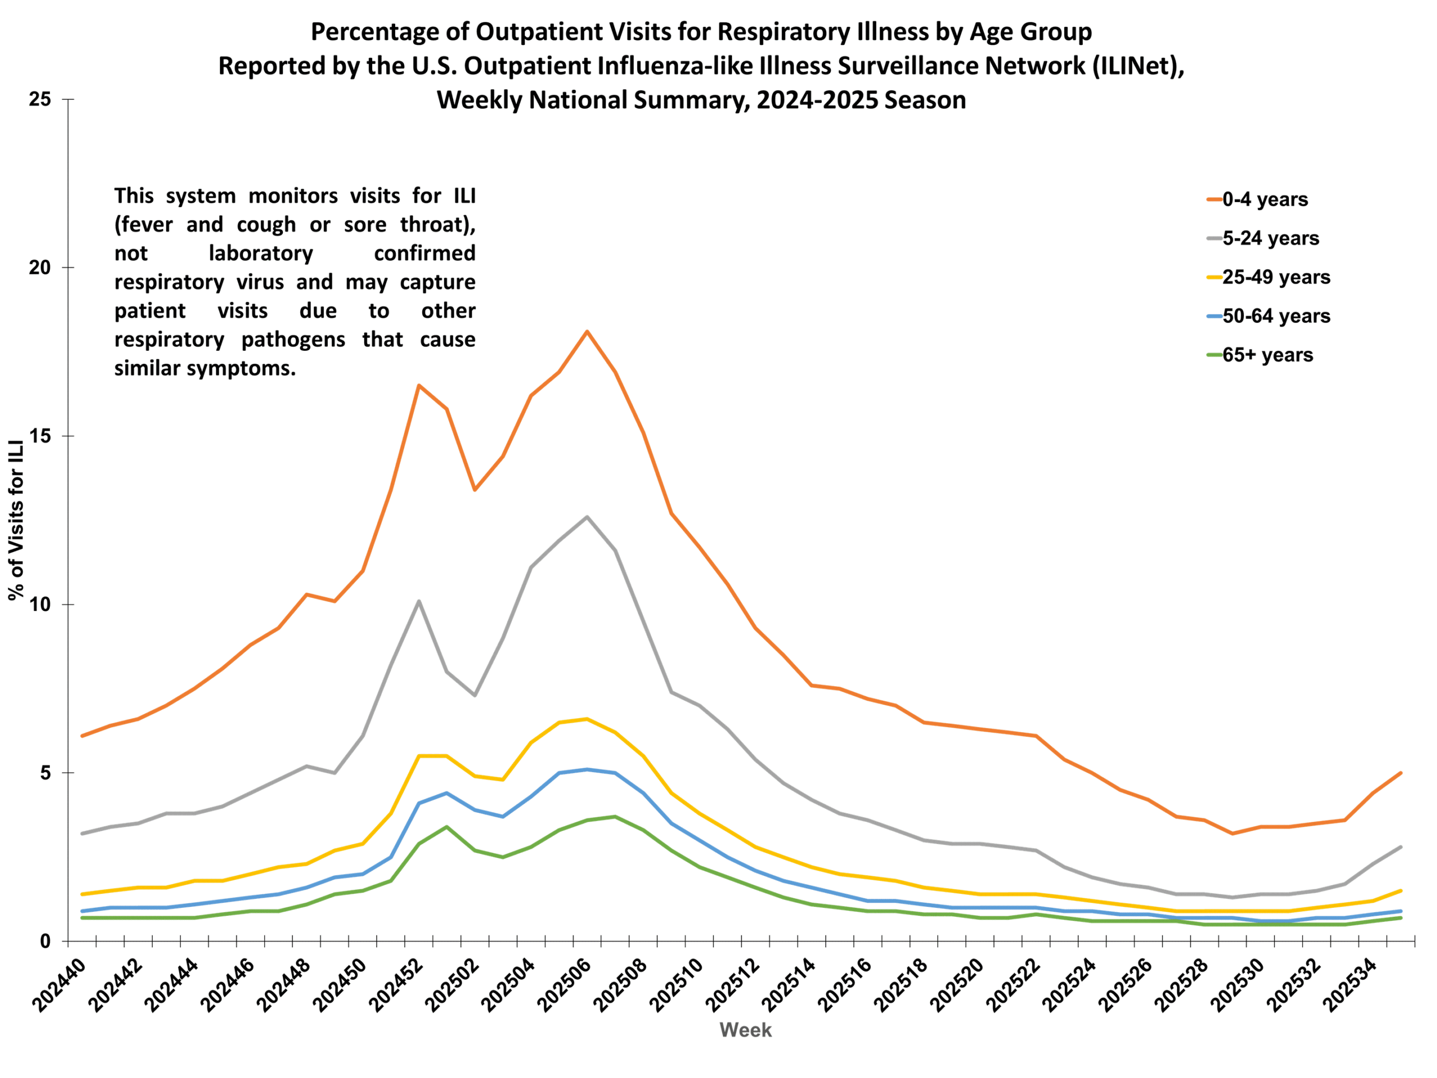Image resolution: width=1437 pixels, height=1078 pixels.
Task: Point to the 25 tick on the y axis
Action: tap(40, 99)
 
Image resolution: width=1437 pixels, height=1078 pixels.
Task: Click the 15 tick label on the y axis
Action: tap(40, 436)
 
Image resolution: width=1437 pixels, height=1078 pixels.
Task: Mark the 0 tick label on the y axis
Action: tap(45, 942)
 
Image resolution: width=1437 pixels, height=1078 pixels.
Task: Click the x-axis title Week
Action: tap(745, 1030)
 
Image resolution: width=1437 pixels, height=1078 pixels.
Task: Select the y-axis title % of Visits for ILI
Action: tap(16, 520)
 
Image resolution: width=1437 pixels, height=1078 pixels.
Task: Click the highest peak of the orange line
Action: tap(587, 331)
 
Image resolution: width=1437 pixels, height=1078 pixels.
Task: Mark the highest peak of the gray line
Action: tap(587, 517)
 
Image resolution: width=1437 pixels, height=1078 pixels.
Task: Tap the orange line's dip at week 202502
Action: tap(474, 490)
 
